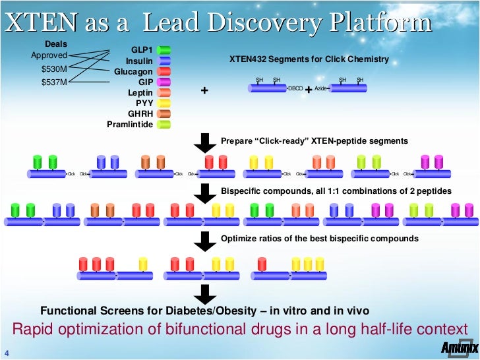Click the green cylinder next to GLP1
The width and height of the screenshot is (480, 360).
point(165,50)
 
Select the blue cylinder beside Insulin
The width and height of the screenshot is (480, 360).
point(165,61)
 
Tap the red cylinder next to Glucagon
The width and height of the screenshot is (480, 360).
point(165,71)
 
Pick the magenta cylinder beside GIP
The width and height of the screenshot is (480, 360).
point(165,82)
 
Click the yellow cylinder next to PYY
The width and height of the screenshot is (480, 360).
point(165,103)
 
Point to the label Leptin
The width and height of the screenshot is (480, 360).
point(140,92)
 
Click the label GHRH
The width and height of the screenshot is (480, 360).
point(140,113)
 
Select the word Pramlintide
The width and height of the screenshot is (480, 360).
point(130,124)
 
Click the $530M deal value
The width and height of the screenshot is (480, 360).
point(53,69)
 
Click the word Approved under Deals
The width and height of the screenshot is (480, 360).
point(49,55)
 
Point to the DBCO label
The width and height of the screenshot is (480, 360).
point(295,88)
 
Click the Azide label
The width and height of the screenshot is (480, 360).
point(321,88)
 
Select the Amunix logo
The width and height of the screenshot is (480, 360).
point(455,349)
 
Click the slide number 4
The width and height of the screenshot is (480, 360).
point(6,351)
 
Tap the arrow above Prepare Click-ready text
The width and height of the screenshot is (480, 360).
point(206,141)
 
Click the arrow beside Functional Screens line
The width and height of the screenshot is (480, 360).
point(206,293)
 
